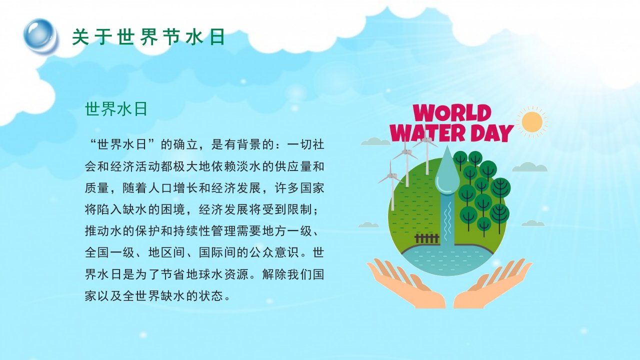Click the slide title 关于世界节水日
pyautogui.click(x=148, y=37)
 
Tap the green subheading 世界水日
pyautogui.click(x=116, y=109)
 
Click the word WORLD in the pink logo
pyautogui.click(x=452, y=113)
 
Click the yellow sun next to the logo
pyautogui.click(x=532, y=122)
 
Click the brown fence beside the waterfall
pyautogui.click(x=427, y=238)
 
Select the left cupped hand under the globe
pyautogui.click(x=405, y=283)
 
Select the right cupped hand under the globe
pyautogui.click(x=492, y=283)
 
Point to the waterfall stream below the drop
pyautogui.click(x=447, y=220)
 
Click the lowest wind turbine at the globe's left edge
pyautogui.click(x=391, y=185)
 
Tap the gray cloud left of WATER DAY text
pyautogui.click(x=375, y=141)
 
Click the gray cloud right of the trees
pyautogui.click(x=529, y=167)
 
